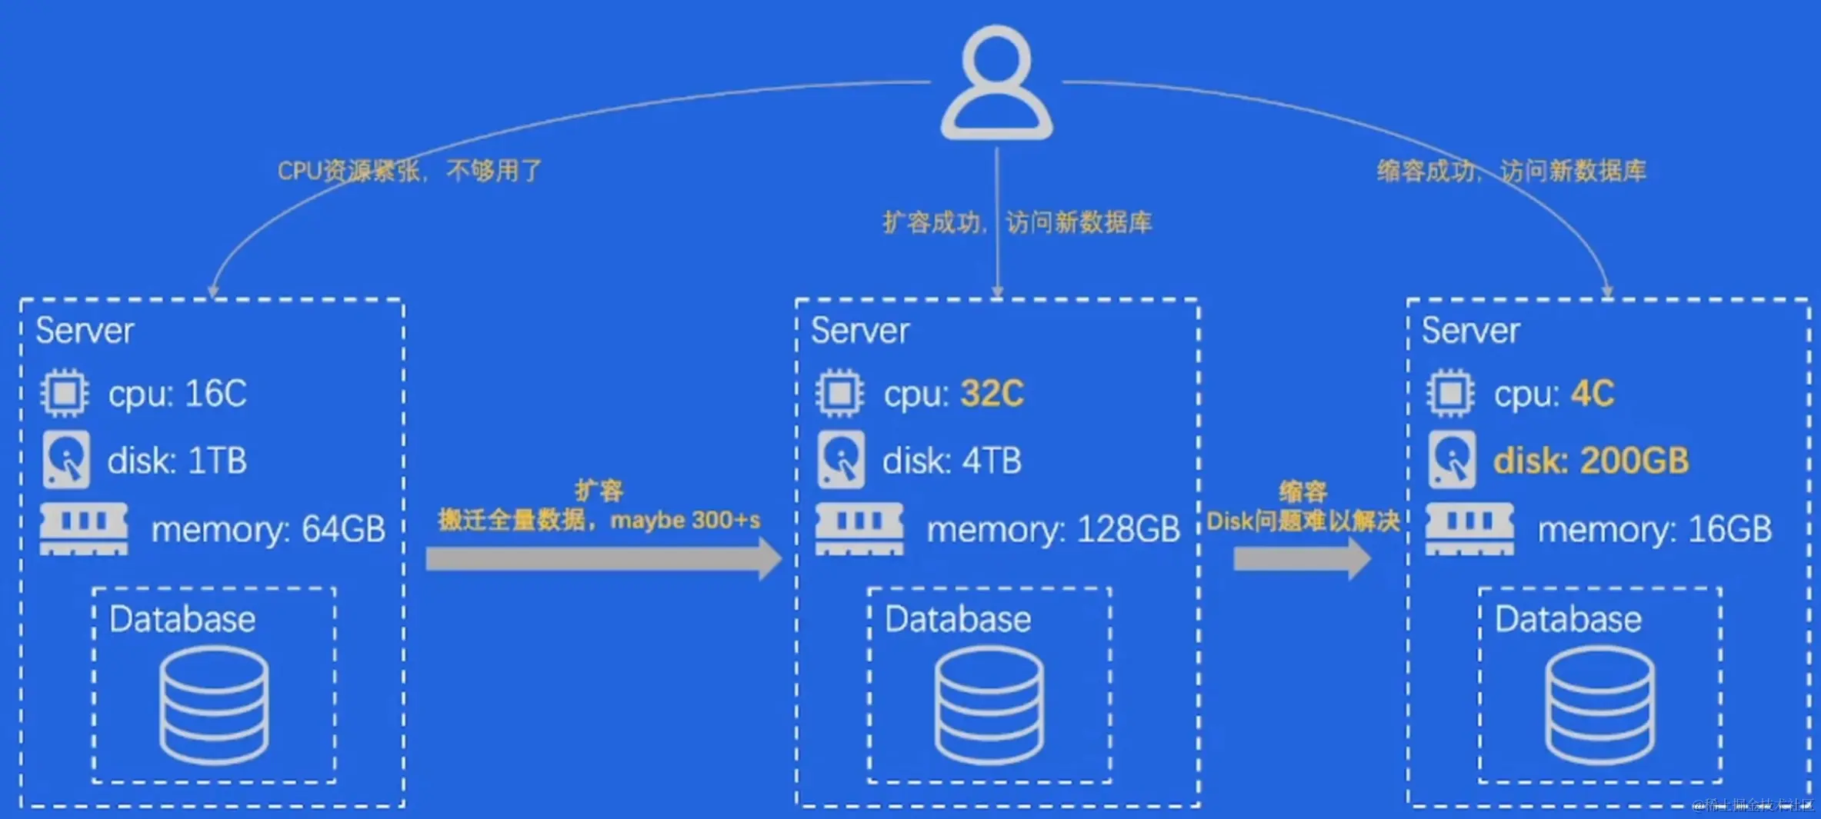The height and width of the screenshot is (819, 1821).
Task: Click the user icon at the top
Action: coord(996,83)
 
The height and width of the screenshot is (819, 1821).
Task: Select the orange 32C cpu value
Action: coord(992,394)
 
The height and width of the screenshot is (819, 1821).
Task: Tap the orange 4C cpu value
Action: coord(1592,394)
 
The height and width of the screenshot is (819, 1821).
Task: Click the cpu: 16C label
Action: coord(177,394)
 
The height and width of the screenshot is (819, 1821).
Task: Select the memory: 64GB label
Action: coord(268,529)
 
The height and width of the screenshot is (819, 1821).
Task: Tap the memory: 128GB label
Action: coord(1052,529)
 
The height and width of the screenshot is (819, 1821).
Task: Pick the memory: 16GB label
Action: coord(1654,529)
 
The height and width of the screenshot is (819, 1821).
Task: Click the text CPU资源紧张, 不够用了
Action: coord(409,171)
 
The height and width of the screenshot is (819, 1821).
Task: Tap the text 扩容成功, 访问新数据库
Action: coord(1016,223)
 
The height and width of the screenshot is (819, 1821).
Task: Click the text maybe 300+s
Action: coord(685,521)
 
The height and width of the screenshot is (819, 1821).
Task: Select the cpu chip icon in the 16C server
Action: coord(65,394)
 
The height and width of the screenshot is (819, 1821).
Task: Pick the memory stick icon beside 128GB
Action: coord(859,528)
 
